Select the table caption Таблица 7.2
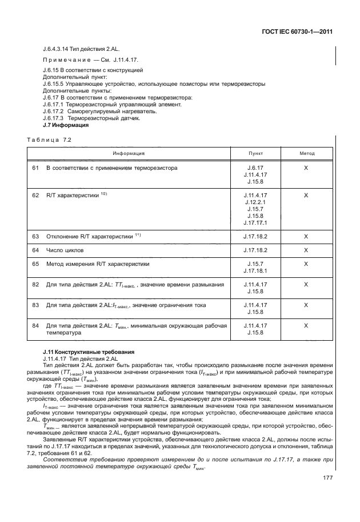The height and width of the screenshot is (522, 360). [49, 140]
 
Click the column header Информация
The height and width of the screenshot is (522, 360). [128, 153]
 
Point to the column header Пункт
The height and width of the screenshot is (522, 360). [255, 153]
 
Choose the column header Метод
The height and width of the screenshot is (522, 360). [307, 153]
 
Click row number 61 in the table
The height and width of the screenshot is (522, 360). [35, 168]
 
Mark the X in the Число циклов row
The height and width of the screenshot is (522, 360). [306, 250]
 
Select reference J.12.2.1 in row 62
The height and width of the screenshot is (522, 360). [255, 202]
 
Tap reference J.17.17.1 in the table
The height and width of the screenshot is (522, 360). [255, 222]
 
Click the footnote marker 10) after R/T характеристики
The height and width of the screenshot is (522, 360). [104, 194]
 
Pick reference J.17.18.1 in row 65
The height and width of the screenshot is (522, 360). [255, 271]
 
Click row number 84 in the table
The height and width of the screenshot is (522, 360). [35, 326]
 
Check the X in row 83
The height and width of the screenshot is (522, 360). [306, 305]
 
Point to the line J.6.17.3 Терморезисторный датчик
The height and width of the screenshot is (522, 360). [91, 118]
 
